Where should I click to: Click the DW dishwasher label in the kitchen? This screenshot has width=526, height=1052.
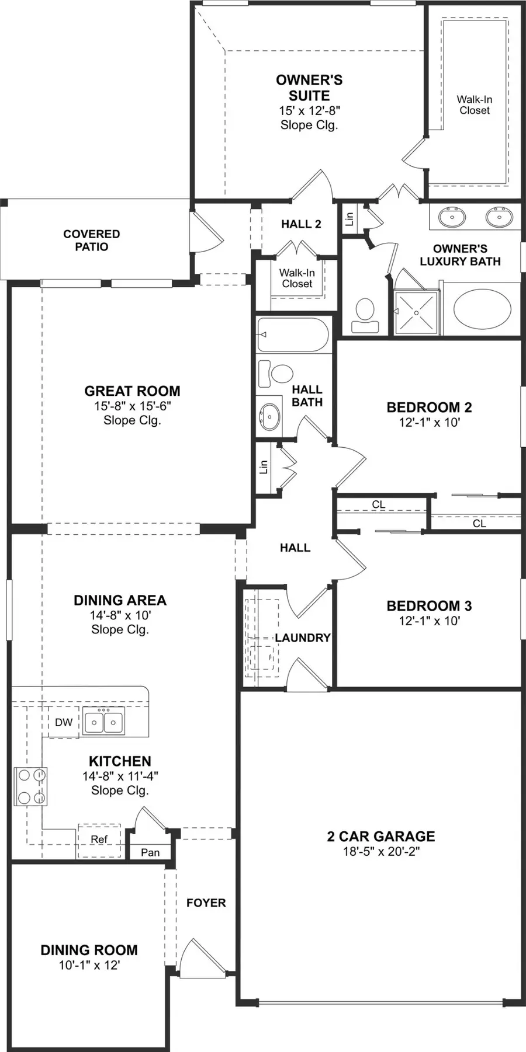coord(64,722)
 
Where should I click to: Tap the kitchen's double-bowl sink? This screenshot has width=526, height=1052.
coord(103,722)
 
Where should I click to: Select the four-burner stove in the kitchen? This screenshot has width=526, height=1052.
coord(30,786)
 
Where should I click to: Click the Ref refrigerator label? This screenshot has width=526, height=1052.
coord(99,839)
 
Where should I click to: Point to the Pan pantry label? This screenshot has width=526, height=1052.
coord(150,852)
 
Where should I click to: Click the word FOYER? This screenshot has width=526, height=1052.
coord(206,903)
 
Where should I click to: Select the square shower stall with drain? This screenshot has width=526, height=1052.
coord(416,313)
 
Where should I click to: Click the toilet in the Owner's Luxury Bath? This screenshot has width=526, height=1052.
coord(365,316)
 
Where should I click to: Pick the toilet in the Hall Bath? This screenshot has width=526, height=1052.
coord(276,374)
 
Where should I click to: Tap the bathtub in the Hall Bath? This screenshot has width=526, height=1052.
coord(293,335)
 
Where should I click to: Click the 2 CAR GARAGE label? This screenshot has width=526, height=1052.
coord(381,836)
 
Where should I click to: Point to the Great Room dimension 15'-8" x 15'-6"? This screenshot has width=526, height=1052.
coord(132,406)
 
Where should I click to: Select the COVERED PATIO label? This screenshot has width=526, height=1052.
coord(92,240)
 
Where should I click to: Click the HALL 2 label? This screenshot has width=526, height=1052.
coord(301,224)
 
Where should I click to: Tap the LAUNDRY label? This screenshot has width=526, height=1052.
coord(303,638)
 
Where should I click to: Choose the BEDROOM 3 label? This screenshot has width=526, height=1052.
coord(429,605)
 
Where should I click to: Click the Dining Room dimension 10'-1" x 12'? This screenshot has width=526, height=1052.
coord(89,965)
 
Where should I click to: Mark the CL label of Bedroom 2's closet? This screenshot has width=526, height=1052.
coord(479,524)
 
